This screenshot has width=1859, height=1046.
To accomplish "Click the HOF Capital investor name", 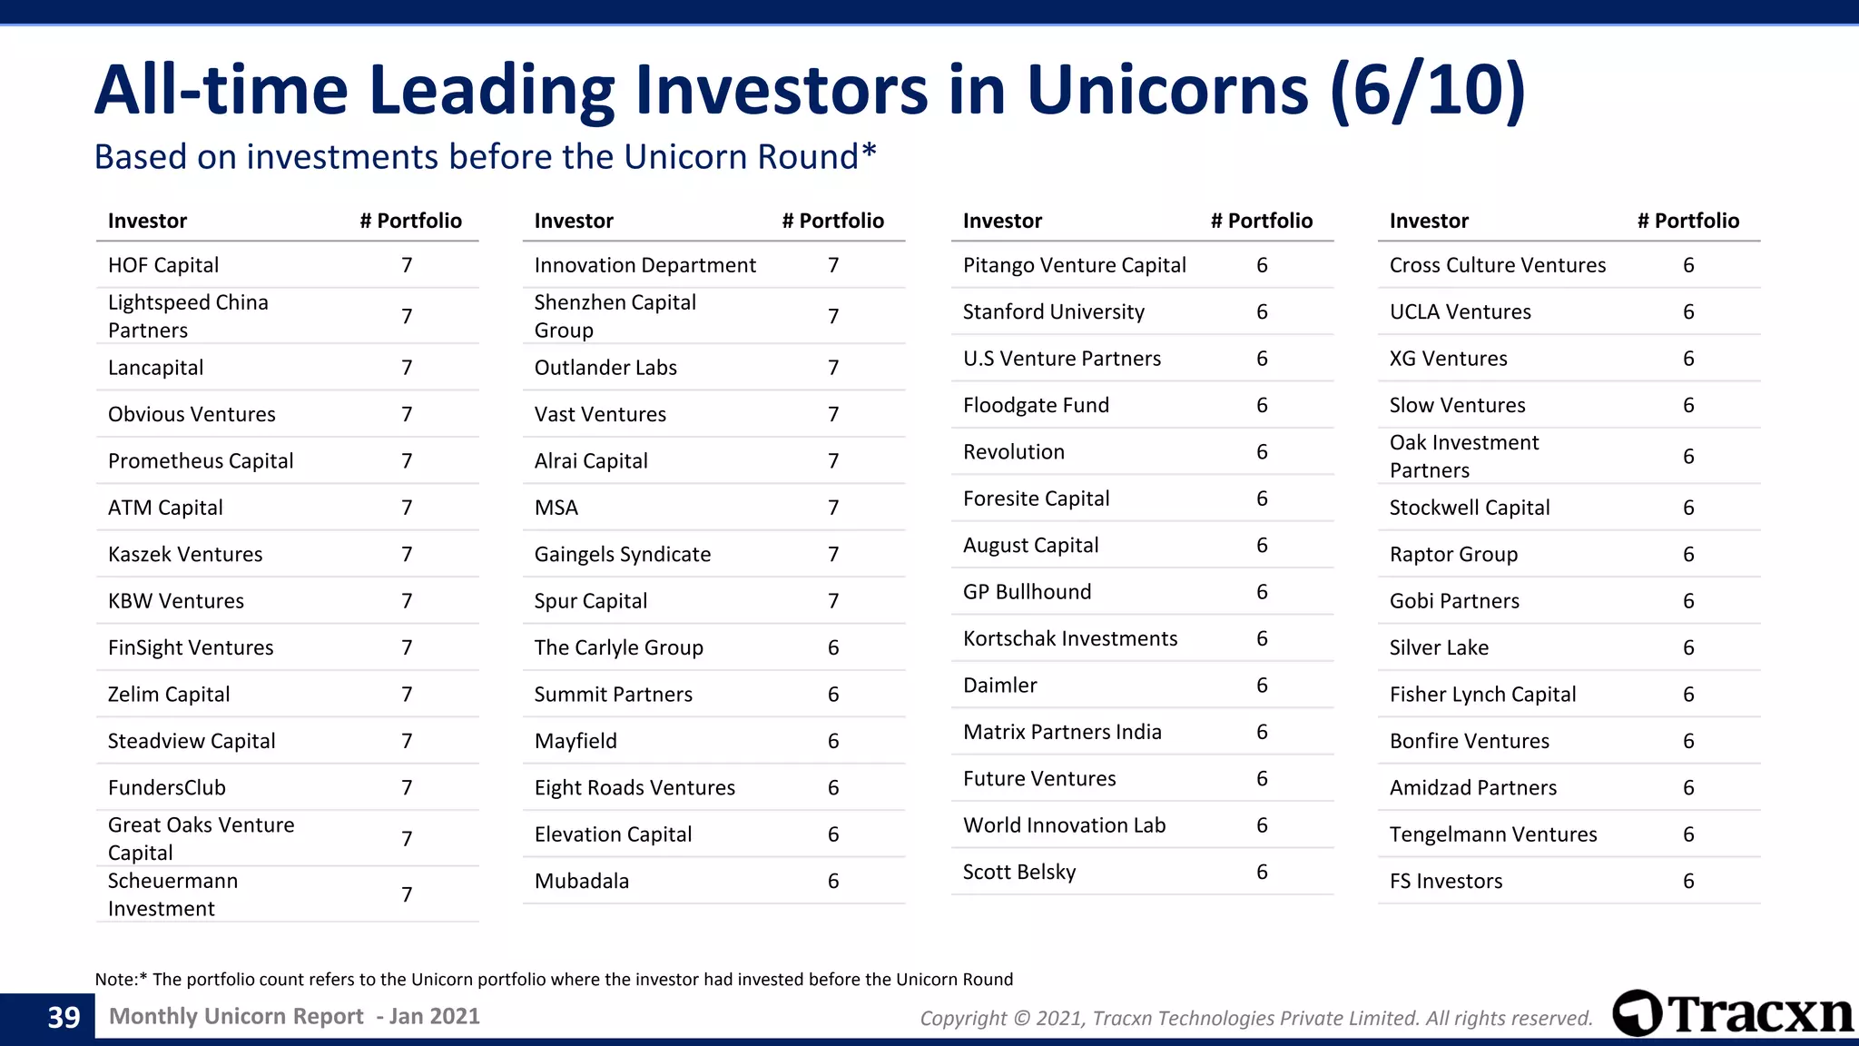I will click(163, 265).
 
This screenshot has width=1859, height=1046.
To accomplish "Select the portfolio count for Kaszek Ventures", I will click(407, 555).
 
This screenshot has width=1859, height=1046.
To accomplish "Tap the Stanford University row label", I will click(1053, 312).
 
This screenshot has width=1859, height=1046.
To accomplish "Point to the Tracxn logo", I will click(1732, 1013).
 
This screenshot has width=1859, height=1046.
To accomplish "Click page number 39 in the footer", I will click(64, 1018).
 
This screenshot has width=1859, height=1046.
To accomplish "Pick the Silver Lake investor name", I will click(1439, 648).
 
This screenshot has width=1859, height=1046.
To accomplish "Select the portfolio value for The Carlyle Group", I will click(833, 648).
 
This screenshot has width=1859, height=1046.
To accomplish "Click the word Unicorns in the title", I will click(1167, 91).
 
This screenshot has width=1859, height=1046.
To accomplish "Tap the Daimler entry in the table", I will click(999, 686).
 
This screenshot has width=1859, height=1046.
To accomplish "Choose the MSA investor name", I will click(556, 508).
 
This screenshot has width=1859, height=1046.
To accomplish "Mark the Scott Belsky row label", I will click(1018, 873).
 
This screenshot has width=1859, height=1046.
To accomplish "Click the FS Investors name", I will click(1445, 882).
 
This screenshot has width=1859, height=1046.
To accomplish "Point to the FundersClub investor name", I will click(167, 788).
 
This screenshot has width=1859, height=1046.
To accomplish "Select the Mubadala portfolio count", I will click(833, 882).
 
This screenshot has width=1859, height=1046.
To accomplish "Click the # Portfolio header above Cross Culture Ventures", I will click(1687, 221).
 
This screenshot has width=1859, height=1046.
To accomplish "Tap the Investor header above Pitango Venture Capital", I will click(1002, 221).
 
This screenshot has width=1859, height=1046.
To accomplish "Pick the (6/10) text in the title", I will click(1428, 91).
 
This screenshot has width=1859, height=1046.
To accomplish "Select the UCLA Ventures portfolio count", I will click(1688, 312).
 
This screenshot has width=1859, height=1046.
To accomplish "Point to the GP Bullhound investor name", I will click(1027, 592).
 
